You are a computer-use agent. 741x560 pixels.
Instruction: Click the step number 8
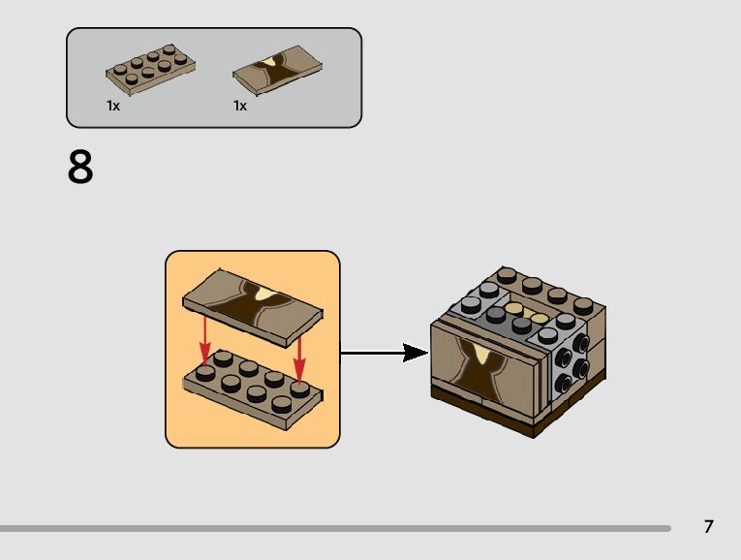click(x=80, y=167)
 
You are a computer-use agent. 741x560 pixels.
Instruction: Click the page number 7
click(x=708, y=526)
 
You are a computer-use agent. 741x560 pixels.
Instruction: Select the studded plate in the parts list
click(x=150, y=70)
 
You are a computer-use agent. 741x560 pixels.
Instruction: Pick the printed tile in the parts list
click(x=277, y=70)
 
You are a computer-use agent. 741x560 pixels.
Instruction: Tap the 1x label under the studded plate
click(x=113, y=106)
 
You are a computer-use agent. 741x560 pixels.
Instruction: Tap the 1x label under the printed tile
click(x=240, y=106)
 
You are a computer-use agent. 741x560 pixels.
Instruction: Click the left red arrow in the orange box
click(x=204, y=341)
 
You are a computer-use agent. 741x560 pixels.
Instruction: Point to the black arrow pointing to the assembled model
click(x=385, y=353)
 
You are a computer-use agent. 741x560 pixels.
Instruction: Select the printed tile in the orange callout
click(x=253, y=308)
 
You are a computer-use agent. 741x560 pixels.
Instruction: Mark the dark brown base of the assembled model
click(x=518, y=405)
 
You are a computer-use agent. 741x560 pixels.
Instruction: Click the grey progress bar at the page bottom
click(x=335, y=528)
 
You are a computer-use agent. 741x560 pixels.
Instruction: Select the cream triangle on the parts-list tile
click(x=269, y=62)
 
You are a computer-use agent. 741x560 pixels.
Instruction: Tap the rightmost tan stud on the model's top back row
click(x=583, y=305)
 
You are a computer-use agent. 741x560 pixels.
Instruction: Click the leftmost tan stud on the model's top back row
click(x=507, y=275)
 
